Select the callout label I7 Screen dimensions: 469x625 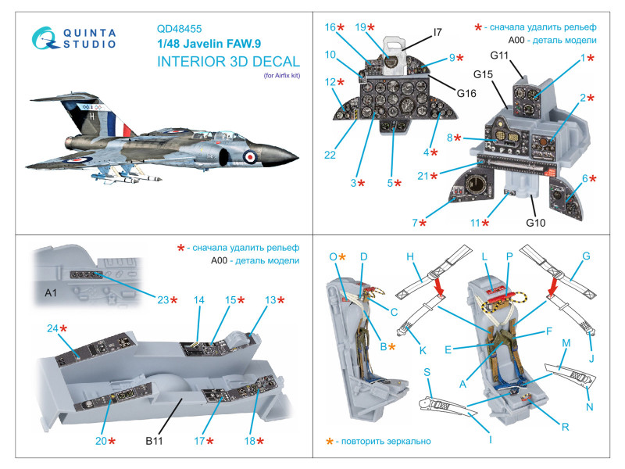pyautogui.click(x=437, y=33)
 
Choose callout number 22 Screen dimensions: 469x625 pyautogui.click(x=330, y=156)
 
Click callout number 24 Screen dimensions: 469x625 pyautogui.click(x=52, y=329)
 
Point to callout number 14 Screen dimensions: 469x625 pyautogui.click(x=198, y=299)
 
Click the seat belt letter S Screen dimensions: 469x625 pyautogui.click(x=428, y=374)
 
